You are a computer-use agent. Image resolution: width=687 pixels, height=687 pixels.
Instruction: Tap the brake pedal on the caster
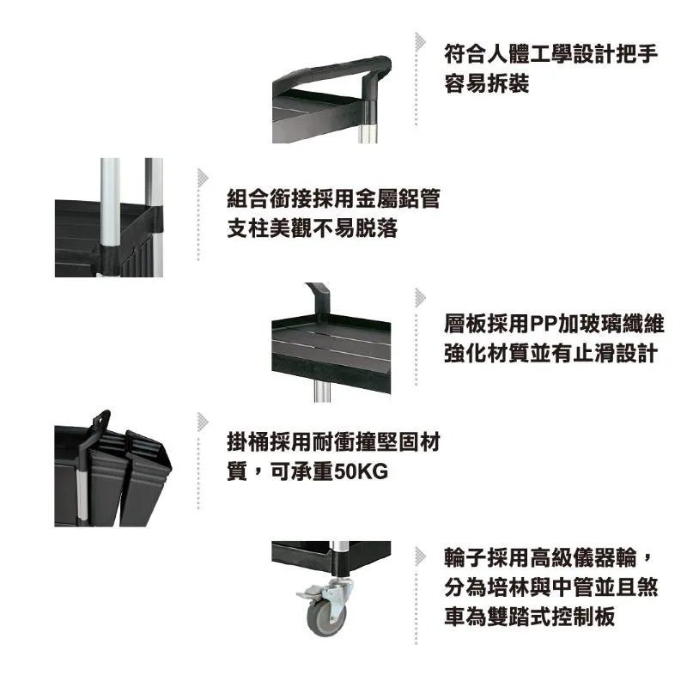(309, 593)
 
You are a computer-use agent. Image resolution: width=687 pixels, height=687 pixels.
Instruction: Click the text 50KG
(361, 471)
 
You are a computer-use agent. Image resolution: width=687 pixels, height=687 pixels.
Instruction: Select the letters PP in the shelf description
(544, 325)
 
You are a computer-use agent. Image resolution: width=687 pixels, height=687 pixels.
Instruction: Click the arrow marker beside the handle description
(420, 41)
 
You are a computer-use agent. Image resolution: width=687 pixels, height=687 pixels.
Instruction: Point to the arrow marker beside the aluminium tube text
(203, 178)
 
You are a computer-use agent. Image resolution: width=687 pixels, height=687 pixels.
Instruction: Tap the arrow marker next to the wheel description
(420, 556)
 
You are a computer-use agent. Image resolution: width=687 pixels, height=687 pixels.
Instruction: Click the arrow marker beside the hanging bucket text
(203, 422)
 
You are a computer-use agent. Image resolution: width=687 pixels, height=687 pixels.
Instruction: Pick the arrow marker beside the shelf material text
(420, 298)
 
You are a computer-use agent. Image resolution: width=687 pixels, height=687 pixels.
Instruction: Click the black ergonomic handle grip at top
(333, 70)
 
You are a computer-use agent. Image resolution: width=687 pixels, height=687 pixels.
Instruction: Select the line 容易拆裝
(487, 83)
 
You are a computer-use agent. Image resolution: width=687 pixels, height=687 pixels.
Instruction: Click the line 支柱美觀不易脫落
(313, 228)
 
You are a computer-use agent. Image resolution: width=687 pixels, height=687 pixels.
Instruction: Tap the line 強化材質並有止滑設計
(551, 353)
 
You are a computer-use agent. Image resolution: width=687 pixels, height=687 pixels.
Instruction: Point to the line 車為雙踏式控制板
(530, 616)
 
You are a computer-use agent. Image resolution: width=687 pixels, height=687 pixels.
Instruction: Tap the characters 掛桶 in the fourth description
(248, 441)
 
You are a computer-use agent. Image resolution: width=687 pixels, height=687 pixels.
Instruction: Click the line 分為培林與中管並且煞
(551, 587)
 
